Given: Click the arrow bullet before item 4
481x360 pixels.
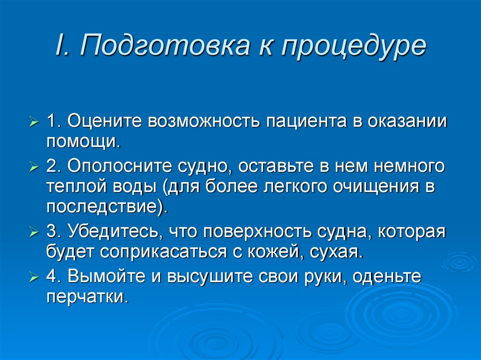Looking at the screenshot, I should coord(34,278).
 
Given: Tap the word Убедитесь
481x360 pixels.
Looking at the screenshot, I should coord(113,232).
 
